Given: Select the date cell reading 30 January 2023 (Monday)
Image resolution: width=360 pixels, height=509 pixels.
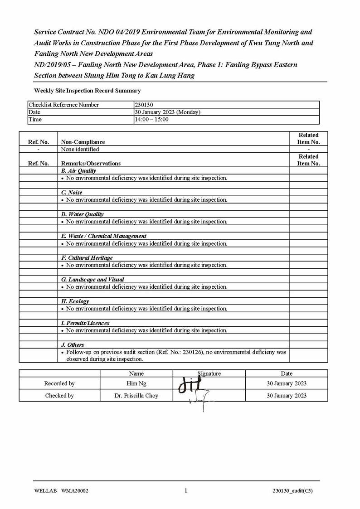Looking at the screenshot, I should pyautogui.click(x=167, y=112).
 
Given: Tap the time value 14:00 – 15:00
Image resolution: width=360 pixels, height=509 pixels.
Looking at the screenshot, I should pyautogui.click(x=151, y=119).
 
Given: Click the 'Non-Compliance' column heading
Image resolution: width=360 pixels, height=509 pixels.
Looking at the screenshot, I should pyautogui.click(x=83, y=142).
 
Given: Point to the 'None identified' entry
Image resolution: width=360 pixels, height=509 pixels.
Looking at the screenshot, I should pyautogui.click(x=80, y=149).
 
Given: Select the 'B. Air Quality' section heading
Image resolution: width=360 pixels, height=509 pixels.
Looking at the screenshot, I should pyautogui.click(x=78, y=171).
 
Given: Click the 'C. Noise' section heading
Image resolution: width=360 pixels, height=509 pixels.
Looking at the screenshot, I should pyautogui.click(x=72, y=193).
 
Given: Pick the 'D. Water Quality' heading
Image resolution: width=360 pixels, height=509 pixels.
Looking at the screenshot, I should pyautogui.click(x=82, y=214).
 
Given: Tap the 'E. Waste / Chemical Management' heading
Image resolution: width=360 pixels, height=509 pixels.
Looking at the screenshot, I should pyautogui.click(x=103, y=236).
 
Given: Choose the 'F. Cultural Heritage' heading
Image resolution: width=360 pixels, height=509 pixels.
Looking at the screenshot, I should pyautogui.click(x=87, y=258).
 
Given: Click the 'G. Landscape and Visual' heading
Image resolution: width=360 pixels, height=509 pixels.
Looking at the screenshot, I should pyautogui.click(x=92, y=280).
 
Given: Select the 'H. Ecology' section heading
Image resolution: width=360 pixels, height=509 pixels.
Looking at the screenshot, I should pyautogui.click(x=75, y=301).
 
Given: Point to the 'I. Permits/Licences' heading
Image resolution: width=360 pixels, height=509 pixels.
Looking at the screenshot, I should pyautogui.click(x=85, y=323).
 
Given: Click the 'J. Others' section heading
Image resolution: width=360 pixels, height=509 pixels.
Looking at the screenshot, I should pyautogui.click(x=73, y=345).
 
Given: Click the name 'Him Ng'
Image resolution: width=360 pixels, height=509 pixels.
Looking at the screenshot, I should pyautogui.click(x=136, y=383).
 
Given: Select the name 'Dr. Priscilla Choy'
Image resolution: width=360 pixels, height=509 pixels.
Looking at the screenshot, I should pyautogui.click(x=136, y=396).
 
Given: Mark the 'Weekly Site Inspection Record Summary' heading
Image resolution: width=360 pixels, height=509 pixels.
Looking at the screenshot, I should pyautogui.click(x=87, y=91).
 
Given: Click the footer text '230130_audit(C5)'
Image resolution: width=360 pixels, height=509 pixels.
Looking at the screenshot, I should pyautogui.click(x=292, y=491).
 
